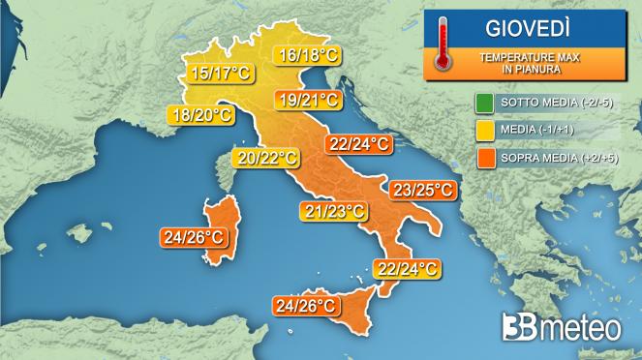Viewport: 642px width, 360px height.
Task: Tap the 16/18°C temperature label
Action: (305, 56)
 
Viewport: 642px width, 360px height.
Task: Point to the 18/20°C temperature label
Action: (200, 116)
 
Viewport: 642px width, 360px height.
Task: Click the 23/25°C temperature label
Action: (422, 190)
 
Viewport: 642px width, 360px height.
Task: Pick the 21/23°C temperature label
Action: (333, 211)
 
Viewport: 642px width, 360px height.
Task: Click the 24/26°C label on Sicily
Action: (306, 306)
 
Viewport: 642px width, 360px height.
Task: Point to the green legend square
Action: (482, 103)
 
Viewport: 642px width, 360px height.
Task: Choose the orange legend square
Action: (482, 157)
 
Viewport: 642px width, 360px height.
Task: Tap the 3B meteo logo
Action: (561, 328)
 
